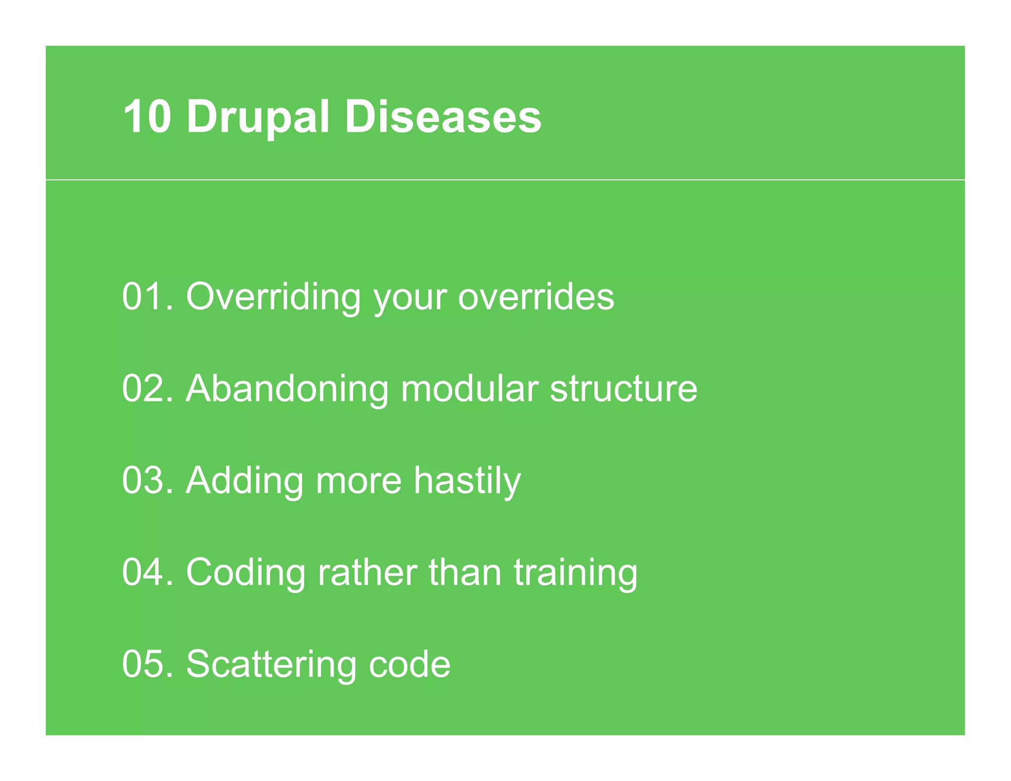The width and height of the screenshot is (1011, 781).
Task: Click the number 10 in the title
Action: (147, 117)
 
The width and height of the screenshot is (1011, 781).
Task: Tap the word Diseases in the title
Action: (443, 117)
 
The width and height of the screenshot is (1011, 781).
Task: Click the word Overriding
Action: (273, 298)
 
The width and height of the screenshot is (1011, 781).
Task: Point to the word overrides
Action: (536, 297)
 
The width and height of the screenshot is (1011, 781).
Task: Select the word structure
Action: (623, 389)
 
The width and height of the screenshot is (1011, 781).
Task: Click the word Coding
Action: (245, 573)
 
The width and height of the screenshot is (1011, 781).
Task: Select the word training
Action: (576, 573)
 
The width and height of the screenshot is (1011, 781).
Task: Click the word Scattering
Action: (271, 665)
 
